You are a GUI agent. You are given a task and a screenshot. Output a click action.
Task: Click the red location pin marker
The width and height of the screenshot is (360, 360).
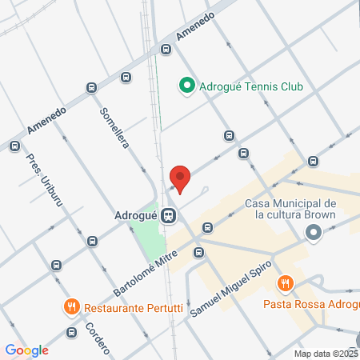point(180,178)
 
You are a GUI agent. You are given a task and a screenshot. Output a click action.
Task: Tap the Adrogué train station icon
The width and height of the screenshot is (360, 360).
point(168,215)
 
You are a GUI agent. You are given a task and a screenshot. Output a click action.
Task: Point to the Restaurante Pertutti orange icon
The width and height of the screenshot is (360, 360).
point(71,307)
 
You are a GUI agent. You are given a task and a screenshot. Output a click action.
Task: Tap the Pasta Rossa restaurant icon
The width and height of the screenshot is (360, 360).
point(285,283)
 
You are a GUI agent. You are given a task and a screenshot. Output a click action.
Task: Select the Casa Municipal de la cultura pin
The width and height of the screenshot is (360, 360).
point(313,234)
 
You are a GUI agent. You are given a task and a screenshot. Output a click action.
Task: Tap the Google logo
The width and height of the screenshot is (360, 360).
point(26,350)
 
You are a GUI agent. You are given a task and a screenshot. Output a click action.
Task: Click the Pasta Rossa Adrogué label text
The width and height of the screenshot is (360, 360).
point(311,304)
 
